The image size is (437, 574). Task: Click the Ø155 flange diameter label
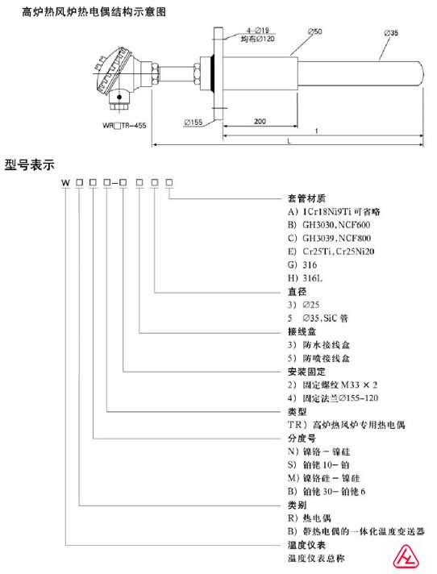tap(194, 123)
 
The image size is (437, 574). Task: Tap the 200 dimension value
tap(260, 121)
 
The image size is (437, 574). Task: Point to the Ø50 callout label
tap(314, 31)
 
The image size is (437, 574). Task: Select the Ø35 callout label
tap(391, 33)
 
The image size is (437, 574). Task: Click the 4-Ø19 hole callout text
tap(258, 31)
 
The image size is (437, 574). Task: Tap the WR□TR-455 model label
tap(124, 126)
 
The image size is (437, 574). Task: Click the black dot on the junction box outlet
tap(119, 97)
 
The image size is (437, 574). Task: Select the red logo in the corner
tap(406, 556)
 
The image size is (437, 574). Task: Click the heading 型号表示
tap(29, 164)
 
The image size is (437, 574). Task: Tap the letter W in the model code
tap(65, 182)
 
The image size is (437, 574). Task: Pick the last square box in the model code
tap(169, 182)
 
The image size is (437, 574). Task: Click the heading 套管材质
tap(306, 198)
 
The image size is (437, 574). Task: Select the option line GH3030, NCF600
tap(329, 225)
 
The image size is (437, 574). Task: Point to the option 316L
tap(306, 278)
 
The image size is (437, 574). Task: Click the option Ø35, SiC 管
tap(318, 318)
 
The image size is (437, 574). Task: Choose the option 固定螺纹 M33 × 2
tap(332, 385)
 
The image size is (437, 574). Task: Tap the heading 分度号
tap(302, 439)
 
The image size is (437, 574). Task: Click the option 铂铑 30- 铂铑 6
tap(327, 491)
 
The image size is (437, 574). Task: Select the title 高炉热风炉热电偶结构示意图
tap(94, 12)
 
